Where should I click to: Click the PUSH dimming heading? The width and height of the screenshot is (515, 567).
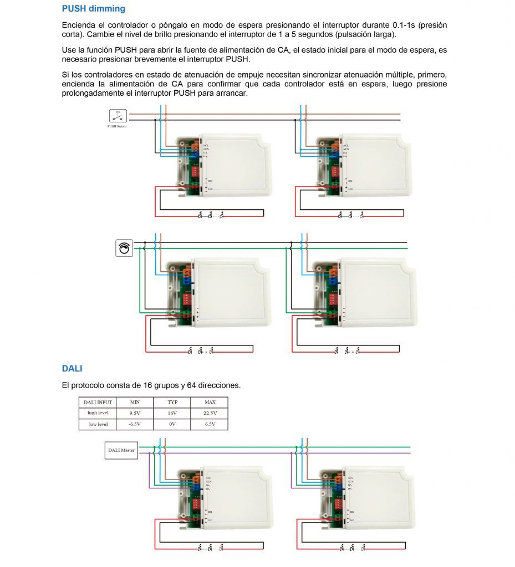[93, 9]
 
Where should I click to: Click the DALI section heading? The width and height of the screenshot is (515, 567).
[72, 368]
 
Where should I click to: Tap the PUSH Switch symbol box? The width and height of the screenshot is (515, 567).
[118, 116]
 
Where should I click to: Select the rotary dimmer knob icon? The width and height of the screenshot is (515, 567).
[124, 248]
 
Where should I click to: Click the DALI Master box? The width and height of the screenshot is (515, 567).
[121, 450]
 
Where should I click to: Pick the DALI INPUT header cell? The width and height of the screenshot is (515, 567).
[98, 402]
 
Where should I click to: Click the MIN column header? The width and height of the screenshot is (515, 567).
[135, 402]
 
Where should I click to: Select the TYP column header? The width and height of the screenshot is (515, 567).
[172, 402]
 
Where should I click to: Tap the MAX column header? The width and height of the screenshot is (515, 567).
[210, 402]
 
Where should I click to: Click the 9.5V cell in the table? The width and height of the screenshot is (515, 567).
[135, 413]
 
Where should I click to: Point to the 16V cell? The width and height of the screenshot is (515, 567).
[172, 413]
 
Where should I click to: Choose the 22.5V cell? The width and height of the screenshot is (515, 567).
[210, 413]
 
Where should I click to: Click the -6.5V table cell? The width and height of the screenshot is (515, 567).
[135, 425]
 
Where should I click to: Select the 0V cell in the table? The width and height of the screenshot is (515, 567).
[172, 425]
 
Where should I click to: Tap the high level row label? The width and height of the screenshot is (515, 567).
[98, 413]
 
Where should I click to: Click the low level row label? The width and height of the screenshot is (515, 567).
[98, 425]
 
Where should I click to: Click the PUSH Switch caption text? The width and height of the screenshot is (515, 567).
[117, 126]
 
